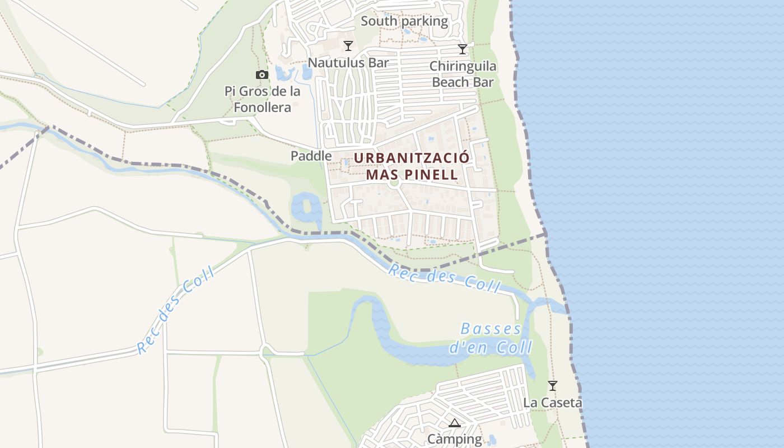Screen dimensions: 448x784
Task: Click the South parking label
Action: [404, 21]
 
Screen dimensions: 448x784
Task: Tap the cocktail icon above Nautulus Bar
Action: [348, 46]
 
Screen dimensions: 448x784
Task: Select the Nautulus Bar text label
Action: [348, 63]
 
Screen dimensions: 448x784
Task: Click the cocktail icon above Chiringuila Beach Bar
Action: [463, 49]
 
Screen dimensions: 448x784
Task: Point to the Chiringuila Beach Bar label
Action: [463, 74]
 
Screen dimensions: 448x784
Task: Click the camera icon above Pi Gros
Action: [262, 74]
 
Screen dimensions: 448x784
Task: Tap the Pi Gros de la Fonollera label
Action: [262, 99]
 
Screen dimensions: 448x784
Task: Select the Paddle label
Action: [311, 156]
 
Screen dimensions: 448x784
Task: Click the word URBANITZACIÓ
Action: [412, 157]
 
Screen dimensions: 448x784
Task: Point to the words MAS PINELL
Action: [412, 174]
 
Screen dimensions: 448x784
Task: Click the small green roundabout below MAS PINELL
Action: [394, 182]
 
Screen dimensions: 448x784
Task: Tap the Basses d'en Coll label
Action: [491, 338]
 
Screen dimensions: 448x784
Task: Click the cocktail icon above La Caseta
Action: [553, 386]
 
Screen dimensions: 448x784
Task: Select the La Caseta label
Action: [553, 403]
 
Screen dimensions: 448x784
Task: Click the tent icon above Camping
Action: [455, 423]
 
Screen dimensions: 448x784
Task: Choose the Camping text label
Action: [455, 439]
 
